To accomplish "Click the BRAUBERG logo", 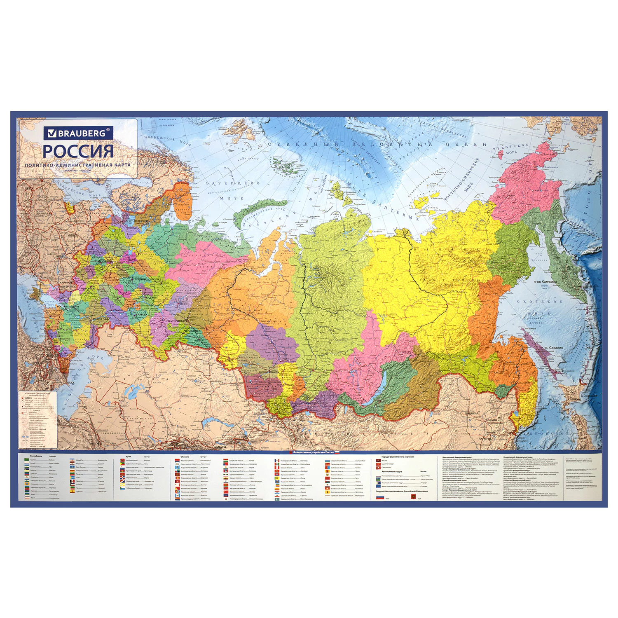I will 78,133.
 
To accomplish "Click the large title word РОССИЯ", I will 78,151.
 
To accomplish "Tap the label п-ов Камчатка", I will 545,282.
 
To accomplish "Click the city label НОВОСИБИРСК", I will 268,372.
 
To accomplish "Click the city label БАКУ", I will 70,382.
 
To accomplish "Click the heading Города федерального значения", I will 398,457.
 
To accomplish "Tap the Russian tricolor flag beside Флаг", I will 380,497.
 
